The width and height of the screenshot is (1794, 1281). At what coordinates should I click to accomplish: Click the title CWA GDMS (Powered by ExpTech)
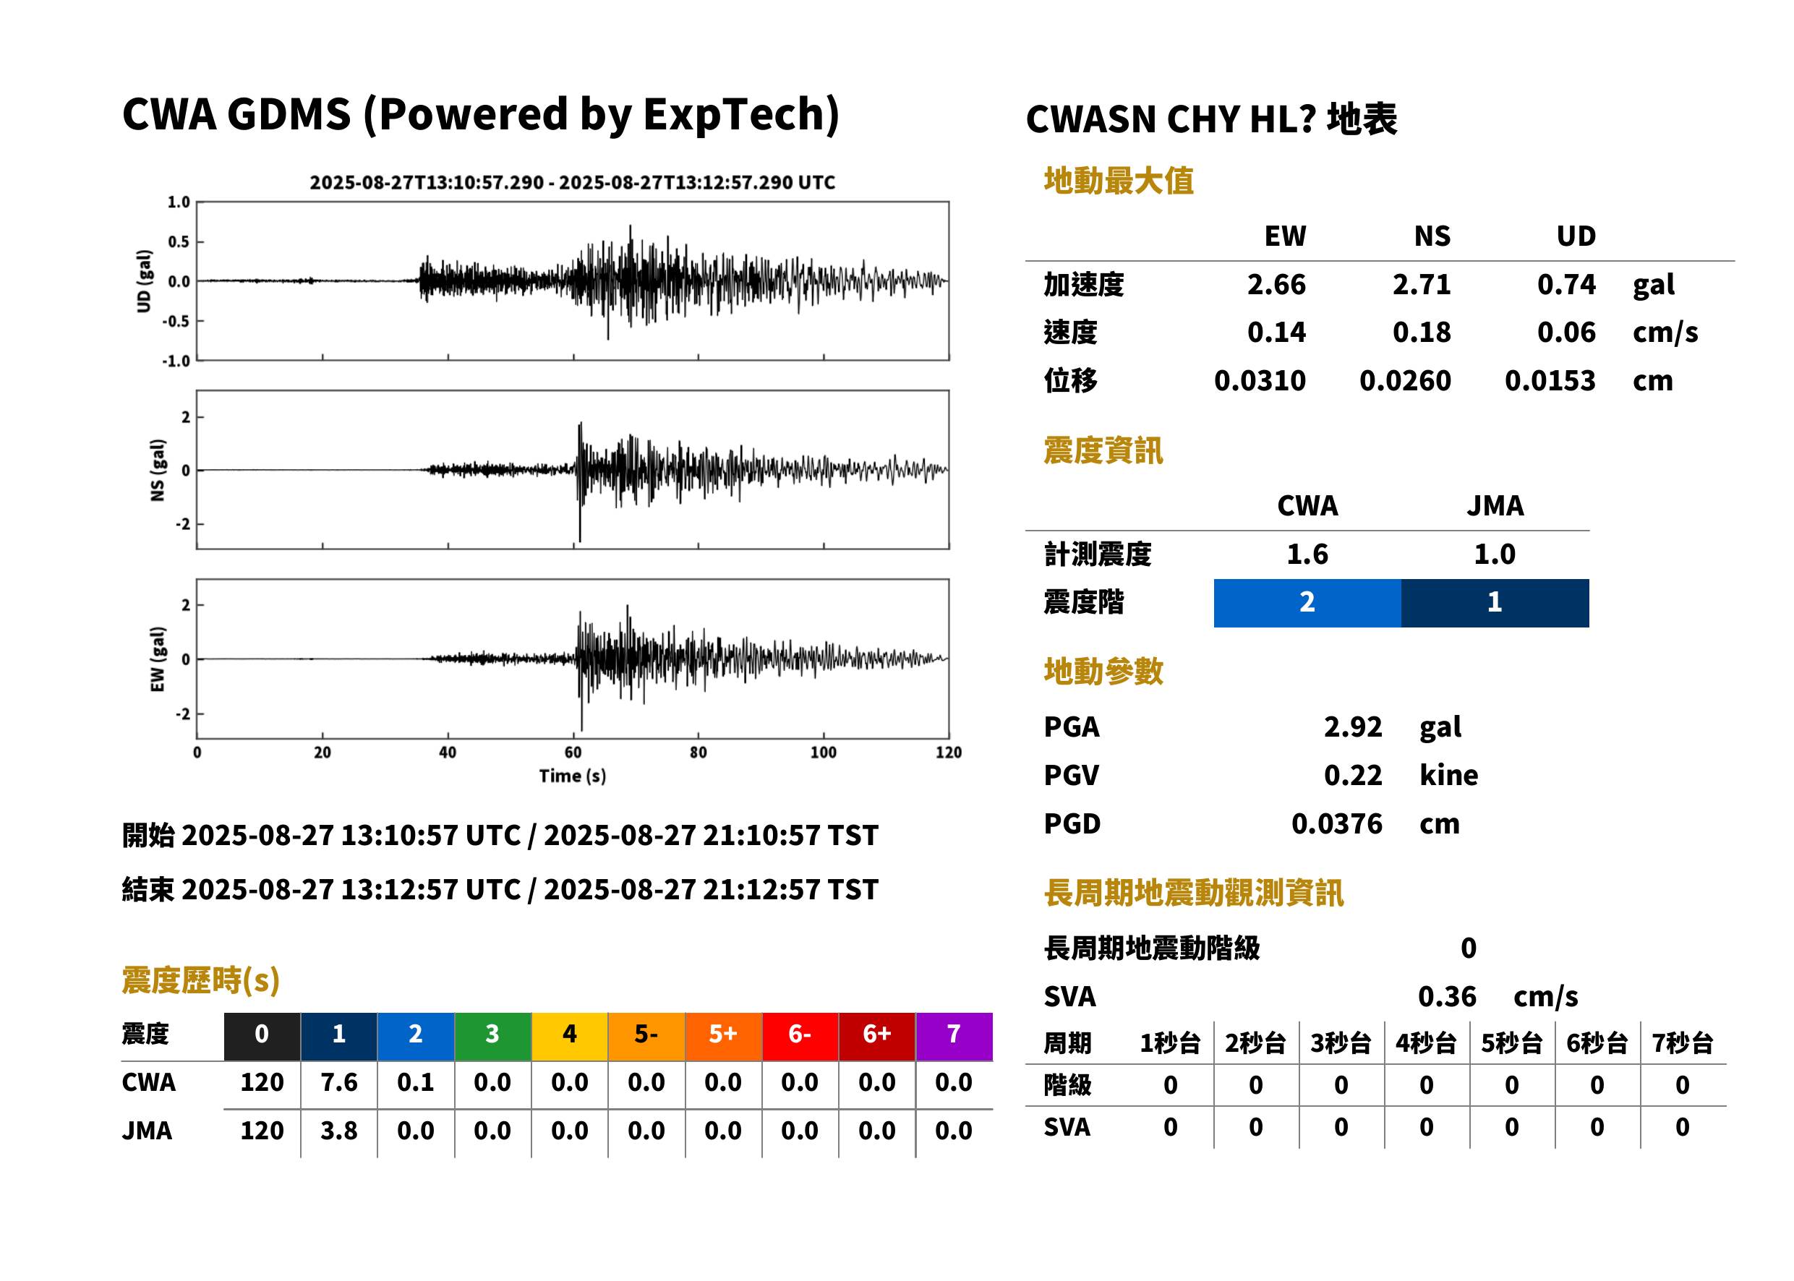[x=480, y=114]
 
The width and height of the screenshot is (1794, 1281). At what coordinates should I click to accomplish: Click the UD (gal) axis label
[x=144, y=280]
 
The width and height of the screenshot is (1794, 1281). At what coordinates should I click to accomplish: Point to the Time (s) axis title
[x=573, y=776]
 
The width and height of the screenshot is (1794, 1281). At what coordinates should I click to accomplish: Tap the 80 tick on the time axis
[x=699, y=753]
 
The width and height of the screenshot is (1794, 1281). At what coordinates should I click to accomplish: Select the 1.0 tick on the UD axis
[x=179, y=202]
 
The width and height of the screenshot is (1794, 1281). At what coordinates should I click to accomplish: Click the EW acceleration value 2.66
[x=1276, y=285]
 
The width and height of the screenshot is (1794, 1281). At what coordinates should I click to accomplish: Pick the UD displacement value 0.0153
[x=1550, y=381]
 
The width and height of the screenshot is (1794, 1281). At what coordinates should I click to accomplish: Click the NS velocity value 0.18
[x=1421, y=333]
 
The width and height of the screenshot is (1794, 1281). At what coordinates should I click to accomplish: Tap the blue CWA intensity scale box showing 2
[x=1307, y=603]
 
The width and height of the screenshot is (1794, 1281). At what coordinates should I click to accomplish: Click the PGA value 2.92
[x=1352, y=727]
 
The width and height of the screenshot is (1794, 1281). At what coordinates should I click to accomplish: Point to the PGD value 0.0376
[x=1336, y=824]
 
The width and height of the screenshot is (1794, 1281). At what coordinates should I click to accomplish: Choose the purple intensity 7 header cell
[x=954, y=1036]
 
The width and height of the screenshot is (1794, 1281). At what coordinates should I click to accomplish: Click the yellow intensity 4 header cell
[x=570, y=1036]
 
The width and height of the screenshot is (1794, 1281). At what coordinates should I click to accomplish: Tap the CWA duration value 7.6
[x=338, y=1083]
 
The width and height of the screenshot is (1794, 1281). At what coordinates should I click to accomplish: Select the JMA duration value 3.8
[x=338, y=1131]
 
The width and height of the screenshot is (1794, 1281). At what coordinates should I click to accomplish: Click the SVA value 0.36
[x=1446, y=997]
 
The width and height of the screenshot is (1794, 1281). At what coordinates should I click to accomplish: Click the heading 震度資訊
[x=1103, y=451]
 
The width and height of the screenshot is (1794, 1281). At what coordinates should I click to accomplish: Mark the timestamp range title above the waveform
[x=572, y=183]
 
